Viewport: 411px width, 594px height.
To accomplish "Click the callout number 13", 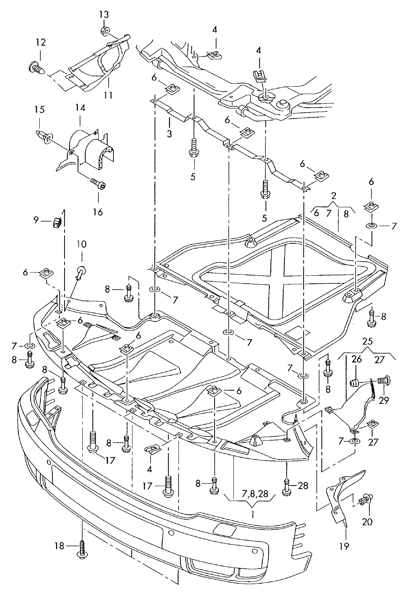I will pyautogui.click(x=104, y=15).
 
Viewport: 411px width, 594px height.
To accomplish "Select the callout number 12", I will pyautogui.click(x=41, y=42).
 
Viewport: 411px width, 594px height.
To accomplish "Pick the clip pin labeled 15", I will pyautogui.click(x=43, y=136).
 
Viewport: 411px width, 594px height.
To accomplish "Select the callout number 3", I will pyautogui.click(x=169, y=134).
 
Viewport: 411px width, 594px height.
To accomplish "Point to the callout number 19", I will pyautogui.click(x=344, y=546).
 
